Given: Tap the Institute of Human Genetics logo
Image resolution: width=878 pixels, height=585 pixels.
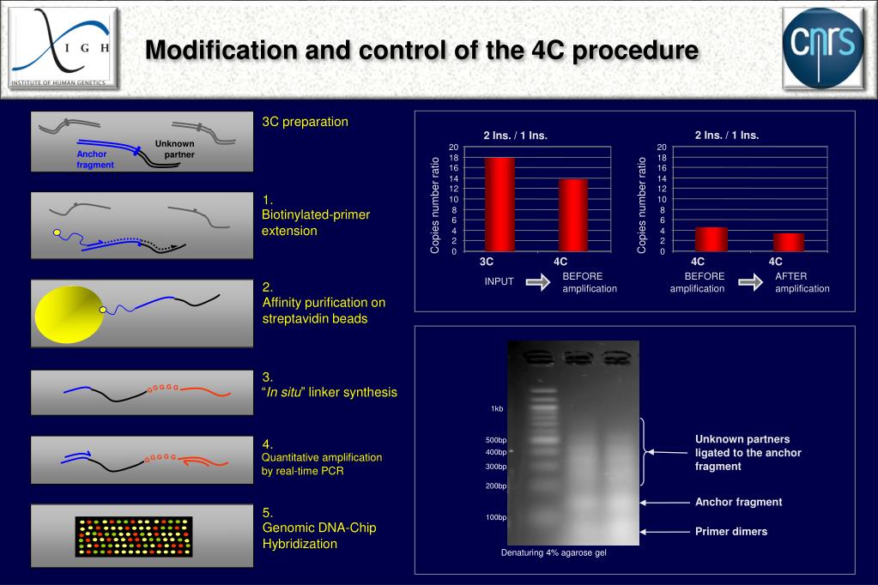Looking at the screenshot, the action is tap(63, 50).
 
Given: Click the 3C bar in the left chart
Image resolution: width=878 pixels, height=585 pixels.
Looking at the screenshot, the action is tap(500, 204).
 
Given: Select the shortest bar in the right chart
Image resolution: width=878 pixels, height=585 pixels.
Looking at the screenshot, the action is tap(788, 242).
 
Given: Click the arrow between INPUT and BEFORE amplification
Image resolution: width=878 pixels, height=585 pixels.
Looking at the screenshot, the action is tap(538, 283).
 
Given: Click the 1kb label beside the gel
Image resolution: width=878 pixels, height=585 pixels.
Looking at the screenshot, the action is tap(497, 408).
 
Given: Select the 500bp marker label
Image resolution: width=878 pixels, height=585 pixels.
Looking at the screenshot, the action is tap(496, 440).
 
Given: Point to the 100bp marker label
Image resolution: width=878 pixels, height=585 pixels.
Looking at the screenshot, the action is tap(496, 517).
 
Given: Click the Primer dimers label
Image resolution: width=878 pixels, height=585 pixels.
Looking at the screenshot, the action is tap(731, 532).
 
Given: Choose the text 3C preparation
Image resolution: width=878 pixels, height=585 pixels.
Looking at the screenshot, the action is tap(306, 122).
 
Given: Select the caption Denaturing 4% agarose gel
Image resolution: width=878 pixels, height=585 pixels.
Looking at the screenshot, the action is tap(554, 552).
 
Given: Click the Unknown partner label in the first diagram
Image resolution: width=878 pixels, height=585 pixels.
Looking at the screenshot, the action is tap(175, 148).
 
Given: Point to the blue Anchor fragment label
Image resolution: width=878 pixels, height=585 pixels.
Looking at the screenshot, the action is tap(94, 159).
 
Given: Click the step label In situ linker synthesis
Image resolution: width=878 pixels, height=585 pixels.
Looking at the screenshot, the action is tap(330, 392).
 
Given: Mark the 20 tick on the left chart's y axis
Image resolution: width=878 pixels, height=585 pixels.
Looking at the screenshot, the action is tap(454, 148).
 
